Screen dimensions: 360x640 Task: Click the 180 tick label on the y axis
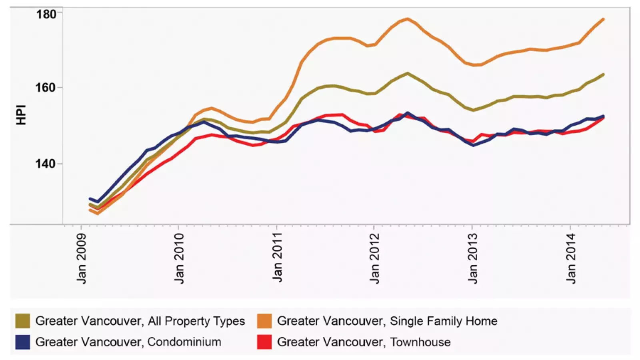[46, 14]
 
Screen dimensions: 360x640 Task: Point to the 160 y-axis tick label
[45, 88]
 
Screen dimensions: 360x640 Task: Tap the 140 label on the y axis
[45, 164]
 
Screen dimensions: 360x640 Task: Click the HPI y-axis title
[21, 115]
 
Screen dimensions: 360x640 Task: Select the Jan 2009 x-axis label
[81, 258]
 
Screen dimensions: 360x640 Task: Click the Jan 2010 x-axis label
[179, 258]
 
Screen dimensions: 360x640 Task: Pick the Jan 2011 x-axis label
[277, 257]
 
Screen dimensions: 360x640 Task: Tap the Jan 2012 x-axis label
[374, 258]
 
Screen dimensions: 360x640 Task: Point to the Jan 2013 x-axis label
[472, 258]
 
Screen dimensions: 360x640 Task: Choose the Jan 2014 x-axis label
[570, 258]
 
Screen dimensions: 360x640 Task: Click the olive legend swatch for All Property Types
[22, 321]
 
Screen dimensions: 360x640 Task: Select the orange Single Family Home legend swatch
[264, 321]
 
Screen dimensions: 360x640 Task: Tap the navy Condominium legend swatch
[22, 342]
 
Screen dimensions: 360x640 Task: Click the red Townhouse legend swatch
[264, 342]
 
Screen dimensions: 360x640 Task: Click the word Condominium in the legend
[184, 342]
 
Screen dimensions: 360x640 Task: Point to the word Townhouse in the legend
[420, 342]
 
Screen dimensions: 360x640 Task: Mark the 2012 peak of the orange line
[407, 19]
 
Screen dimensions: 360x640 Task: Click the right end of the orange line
[603, 19]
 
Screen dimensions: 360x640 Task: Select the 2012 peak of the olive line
[407, 73]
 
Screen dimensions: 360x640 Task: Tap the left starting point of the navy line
[90, 198]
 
